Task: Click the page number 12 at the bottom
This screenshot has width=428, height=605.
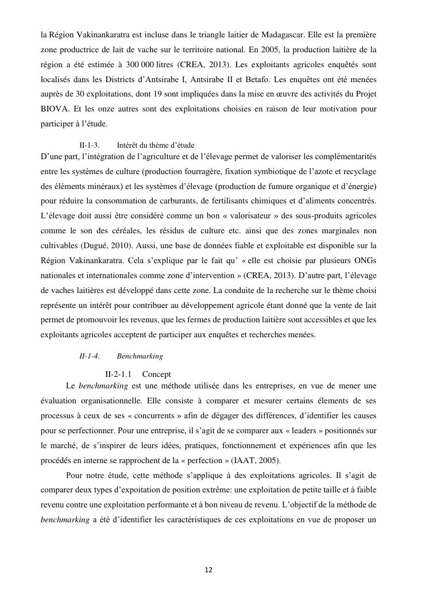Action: [x=209, y=570]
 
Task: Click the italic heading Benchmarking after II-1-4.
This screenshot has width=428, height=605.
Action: [x=140, y=356]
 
